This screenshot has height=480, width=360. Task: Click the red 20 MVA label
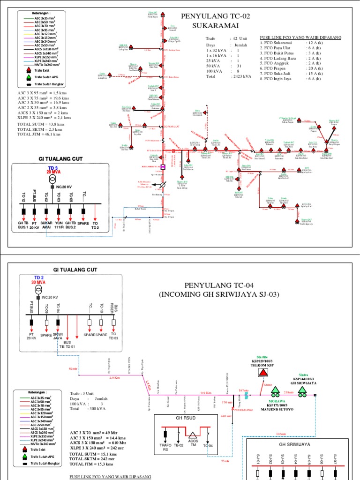[x=54, y=172]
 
